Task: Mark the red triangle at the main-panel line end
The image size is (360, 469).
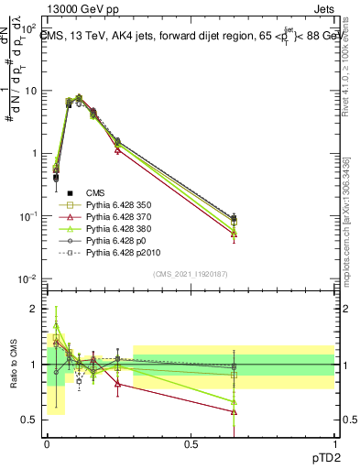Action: point(234,234)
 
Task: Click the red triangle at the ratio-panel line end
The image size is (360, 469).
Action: point(234,411)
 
